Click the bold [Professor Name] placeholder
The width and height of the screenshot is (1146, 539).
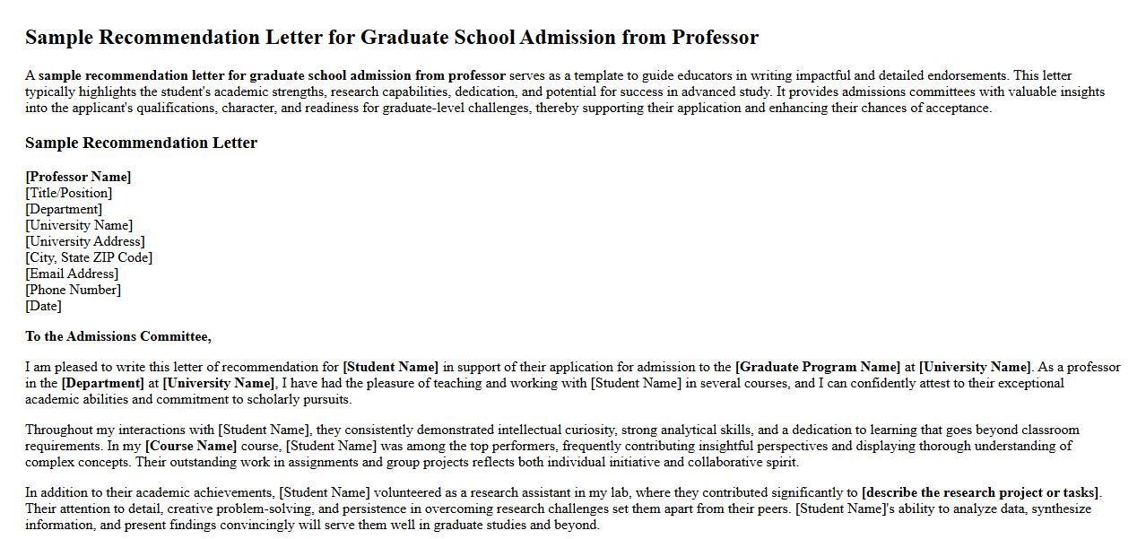pyautogui.click(x=78, y=177)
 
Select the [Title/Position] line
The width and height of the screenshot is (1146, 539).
pyautogui.click(x=69, y=193)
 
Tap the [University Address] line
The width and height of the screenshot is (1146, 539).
pyautogui.click(x=85, y=241)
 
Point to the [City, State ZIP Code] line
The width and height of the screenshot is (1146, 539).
pyautogui.click(x=89, y=257)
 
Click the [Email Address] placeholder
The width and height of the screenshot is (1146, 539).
pyautogui.click(x=72, y=274)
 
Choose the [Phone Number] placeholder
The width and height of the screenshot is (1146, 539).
pyautogui.click(x=74, y=290)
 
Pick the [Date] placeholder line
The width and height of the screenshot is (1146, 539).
pyautogui.click(x=44, y=306)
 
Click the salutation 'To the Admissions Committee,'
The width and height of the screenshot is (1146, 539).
pyautogui.click(x=118, y=336)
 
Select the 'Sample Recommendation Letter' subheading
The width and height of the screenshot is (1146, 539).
pyautogui.click(x=141, y=143)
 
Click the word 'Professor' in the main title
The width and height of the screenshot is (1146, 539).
pyautogui.click(x=715, y=38)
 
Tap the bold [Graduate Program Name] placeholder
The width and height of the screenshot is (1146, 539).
pyautogui.click(x=817, y=367)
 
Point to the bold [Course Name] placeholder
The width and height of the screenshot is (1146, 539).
pyautogui.click(x=191, y=446)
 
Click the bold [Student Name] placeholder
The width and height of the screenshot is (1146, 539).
pyautogui.click(x=391, y=367)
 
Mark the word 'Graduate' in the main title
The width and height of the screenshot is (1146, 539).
pyautogui.click(x=404, y=38)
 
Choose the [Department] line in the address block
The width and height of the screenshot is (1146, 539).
pyautogui.click(x=64, y=209)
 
